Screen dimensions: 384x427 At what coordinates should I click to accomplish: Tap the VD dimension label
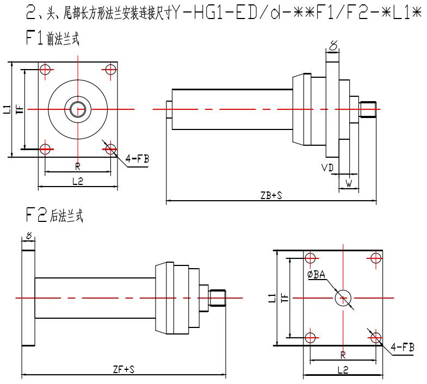pos(327,169)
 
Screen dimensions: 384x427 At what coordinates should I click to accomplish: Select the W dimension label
pos(348,184)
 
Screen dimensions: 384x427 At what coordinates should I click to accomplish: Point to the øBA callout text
pos(316,275)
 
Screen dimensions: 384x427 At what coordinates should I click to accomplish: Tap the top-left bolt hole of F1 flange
pos(46,70)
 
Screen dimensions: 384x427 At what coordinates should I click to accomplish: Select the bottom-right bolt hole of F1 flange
pos(110,148)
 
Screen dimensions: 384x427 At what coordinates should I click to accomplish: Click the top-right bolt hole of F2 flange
pos(375,258)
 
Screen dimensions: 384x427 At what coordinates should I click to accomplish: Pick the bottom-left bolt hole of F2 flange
pos(311,337)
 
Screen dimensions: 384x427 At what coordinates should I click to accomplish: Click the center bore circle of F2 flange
pos(343,298)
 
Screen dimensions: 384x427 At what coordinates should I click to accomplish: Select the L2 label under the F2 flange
pos(343,370)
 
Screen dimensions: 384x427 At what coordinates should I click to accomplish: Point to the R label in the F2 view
pos(343,355)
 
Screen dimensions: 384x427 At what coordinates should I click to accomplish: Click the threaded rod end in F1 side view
pos(368,109)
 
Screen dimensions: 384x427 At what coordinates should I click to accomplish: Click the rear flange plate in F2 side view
pos(28,298)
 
